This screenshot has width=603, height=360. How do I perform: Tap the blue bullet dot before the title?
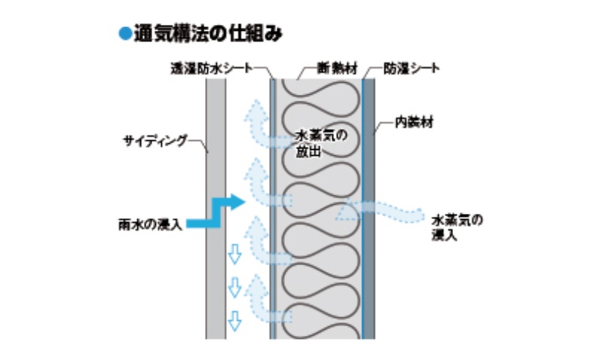point(124,33)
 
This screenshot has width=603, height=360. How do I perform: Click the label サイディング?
point(154,140)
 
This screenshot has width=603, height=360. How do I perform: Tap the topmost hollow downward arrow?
point(234,255)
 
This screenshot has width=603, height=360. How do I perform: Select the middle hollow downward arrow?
point(234,286)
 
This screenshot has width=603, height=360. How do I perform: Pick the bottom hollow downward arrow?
point(234,320)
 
